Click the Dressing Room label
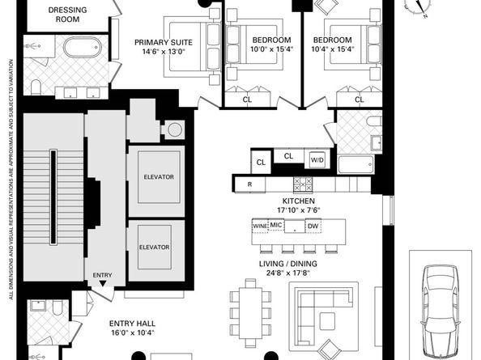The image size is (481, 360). (67, 15)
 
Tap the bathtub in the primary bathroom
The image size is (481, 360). (83, 48)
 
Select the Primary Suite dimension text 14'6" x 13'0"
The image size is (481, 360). (164, 51)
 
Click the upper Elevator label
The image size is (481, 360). (159, 177)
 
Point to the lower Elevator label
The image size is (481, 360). (154, 247)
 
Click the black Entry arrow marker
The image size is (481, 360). (103, 283)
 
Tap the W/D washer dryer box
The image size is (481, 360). (317, 159)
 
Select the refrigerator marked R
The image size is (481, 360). (250, 184)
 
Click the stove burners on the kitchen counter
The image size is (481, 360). (303, 184)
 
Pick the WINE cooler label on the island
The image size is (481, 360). (260, 226)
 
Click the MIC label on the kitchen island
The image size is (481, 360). (276, 225)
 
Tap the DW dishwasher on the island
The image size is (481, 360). (313, 226)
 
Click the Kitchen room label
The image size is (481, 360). (299, 201)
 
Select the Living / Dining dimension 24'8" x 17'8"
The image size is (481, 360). (287, 273)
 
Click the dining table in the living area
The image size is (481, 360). (251, 312)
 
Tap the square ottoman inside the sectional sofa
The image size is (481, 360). (327, 321)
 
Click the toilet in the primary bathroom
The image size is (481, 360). (36, 87)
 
